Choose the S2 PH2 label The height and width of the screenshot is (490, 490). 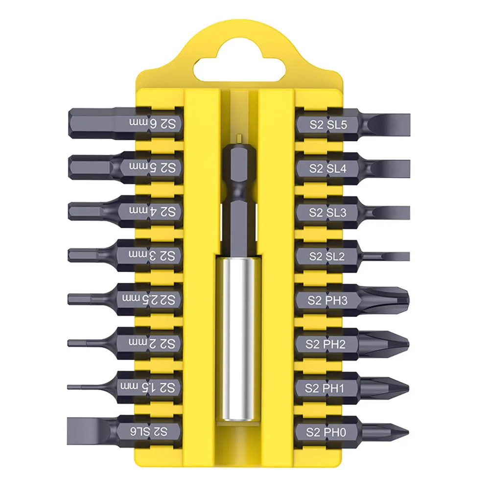[x=326, y=344]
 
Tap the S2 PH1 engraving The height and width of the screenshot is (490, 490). [x=326, y=388]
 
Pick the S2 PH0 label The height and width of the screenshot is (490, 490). [x=326, y=432]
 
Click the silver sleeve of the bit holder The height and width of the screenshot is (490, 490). [x=238, y=338]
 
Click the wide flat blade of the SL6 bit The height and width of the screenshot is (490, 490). [x=86, y=430]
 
